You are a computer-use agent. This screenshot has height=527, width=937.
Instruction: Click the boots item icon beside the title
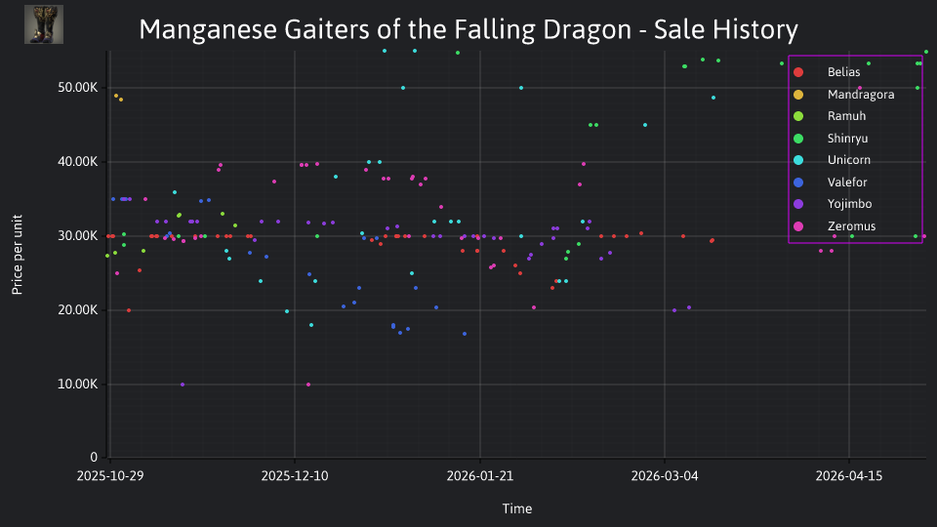click(x=44, y=24)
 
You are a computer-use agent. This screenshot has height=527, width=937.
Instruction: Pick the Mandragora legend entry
click(x=844, y=95)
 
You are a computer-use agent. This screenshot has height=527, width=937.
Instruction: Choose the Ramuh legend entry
click(x=830, y=116)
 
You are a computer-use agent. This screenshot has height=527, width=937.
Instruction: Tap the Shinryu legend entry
click(x=832, y=139)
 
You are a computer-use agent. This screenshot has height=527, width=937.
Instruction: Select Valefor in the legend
click(x=831, y=182)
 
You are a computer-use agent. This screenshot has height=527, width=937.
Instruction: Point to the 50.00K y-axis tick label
click(x=78, y=88)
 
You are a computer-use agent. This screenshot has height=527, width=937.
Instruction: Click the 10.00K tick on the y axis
click(x=78, y=385)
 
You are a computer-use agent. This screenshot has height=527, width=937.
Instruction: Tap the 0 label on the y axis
click(x=94, y=458)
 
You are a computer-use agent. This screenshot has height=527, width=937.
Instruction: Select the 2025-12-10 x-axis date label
click(x=295, y=476)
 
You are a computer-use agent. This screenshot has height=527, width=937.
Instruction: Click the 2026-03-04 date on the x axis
click(x=665, y=476)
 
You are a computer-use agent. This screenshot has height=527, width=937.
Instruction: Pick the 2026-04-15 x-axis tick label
click(x=849, y=476)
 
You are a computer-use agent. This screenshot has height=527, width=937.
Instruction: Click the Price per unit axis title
click(x=18, y=255)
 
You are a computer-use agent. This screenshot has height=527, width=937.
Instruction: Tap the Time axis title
click(x=517, y=508)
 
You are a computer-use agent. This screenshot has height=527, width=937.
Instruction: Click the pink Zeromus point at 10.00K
click(x=308, y=385)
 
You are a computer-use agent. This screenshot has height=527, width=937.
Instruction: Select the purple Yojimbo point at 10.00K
click(x=183, y=385)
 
